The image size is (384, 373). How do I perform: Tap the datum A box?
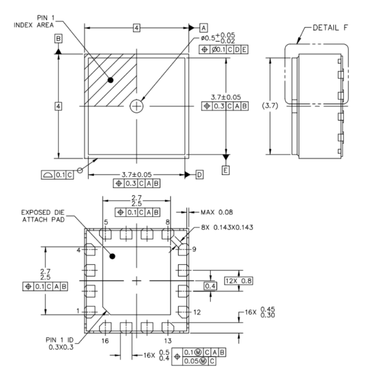(x=204, y=27)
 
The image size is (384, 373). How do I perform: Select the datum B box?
(x=58, y=38)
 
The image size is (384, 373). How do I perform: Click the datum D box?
(x=199, y=174)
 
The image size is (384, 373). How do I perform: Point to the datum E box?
(x=226, y=170)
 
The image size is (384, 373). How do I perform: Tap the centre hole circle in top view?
(x=137, y=106)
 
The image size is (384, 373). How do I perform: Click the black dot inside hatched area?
(x=111, y=80)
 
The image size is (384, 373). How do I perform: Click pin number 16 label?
(x=105, y=341)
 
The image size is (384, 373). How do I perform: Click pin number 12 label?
(x=197, y=312)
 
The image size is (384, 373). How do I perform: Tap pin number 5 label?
(x=105, y=222)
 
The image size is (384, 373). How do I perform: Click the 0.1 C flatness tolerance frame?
(x=57, y=174)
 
